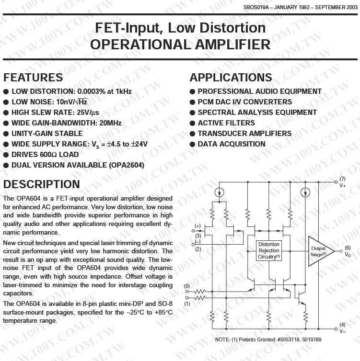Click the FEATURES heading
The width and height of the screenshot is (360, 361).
33,78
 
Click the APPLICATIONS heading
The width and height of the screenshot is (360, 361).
231,78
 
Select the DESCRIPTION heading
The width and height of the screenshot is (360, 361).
42,184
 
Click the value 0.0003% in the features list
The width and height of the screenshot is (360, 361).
94,91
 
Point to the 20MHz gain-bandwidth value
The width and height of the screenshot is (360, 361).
110,123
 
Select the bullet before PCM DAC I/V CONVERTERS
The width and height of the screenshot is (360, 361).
192,102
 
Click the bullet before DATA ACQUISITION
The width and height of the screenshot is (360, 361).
192,144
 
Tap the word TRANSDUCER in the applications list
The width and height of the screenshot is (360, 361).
222,134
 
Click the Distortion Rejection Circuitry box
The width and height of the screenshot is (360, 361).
269,250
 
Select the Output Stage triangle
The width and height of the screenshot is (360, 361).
319,250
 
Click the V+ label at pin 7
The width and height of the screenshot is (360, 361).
343,185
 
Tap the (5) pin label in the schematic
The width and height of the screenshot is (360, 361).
187,286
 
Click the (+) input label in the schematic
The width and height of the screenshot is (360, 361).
197,226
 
